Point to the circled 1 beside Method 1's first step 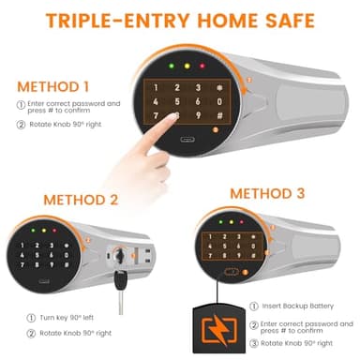(x=21, y=105)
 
